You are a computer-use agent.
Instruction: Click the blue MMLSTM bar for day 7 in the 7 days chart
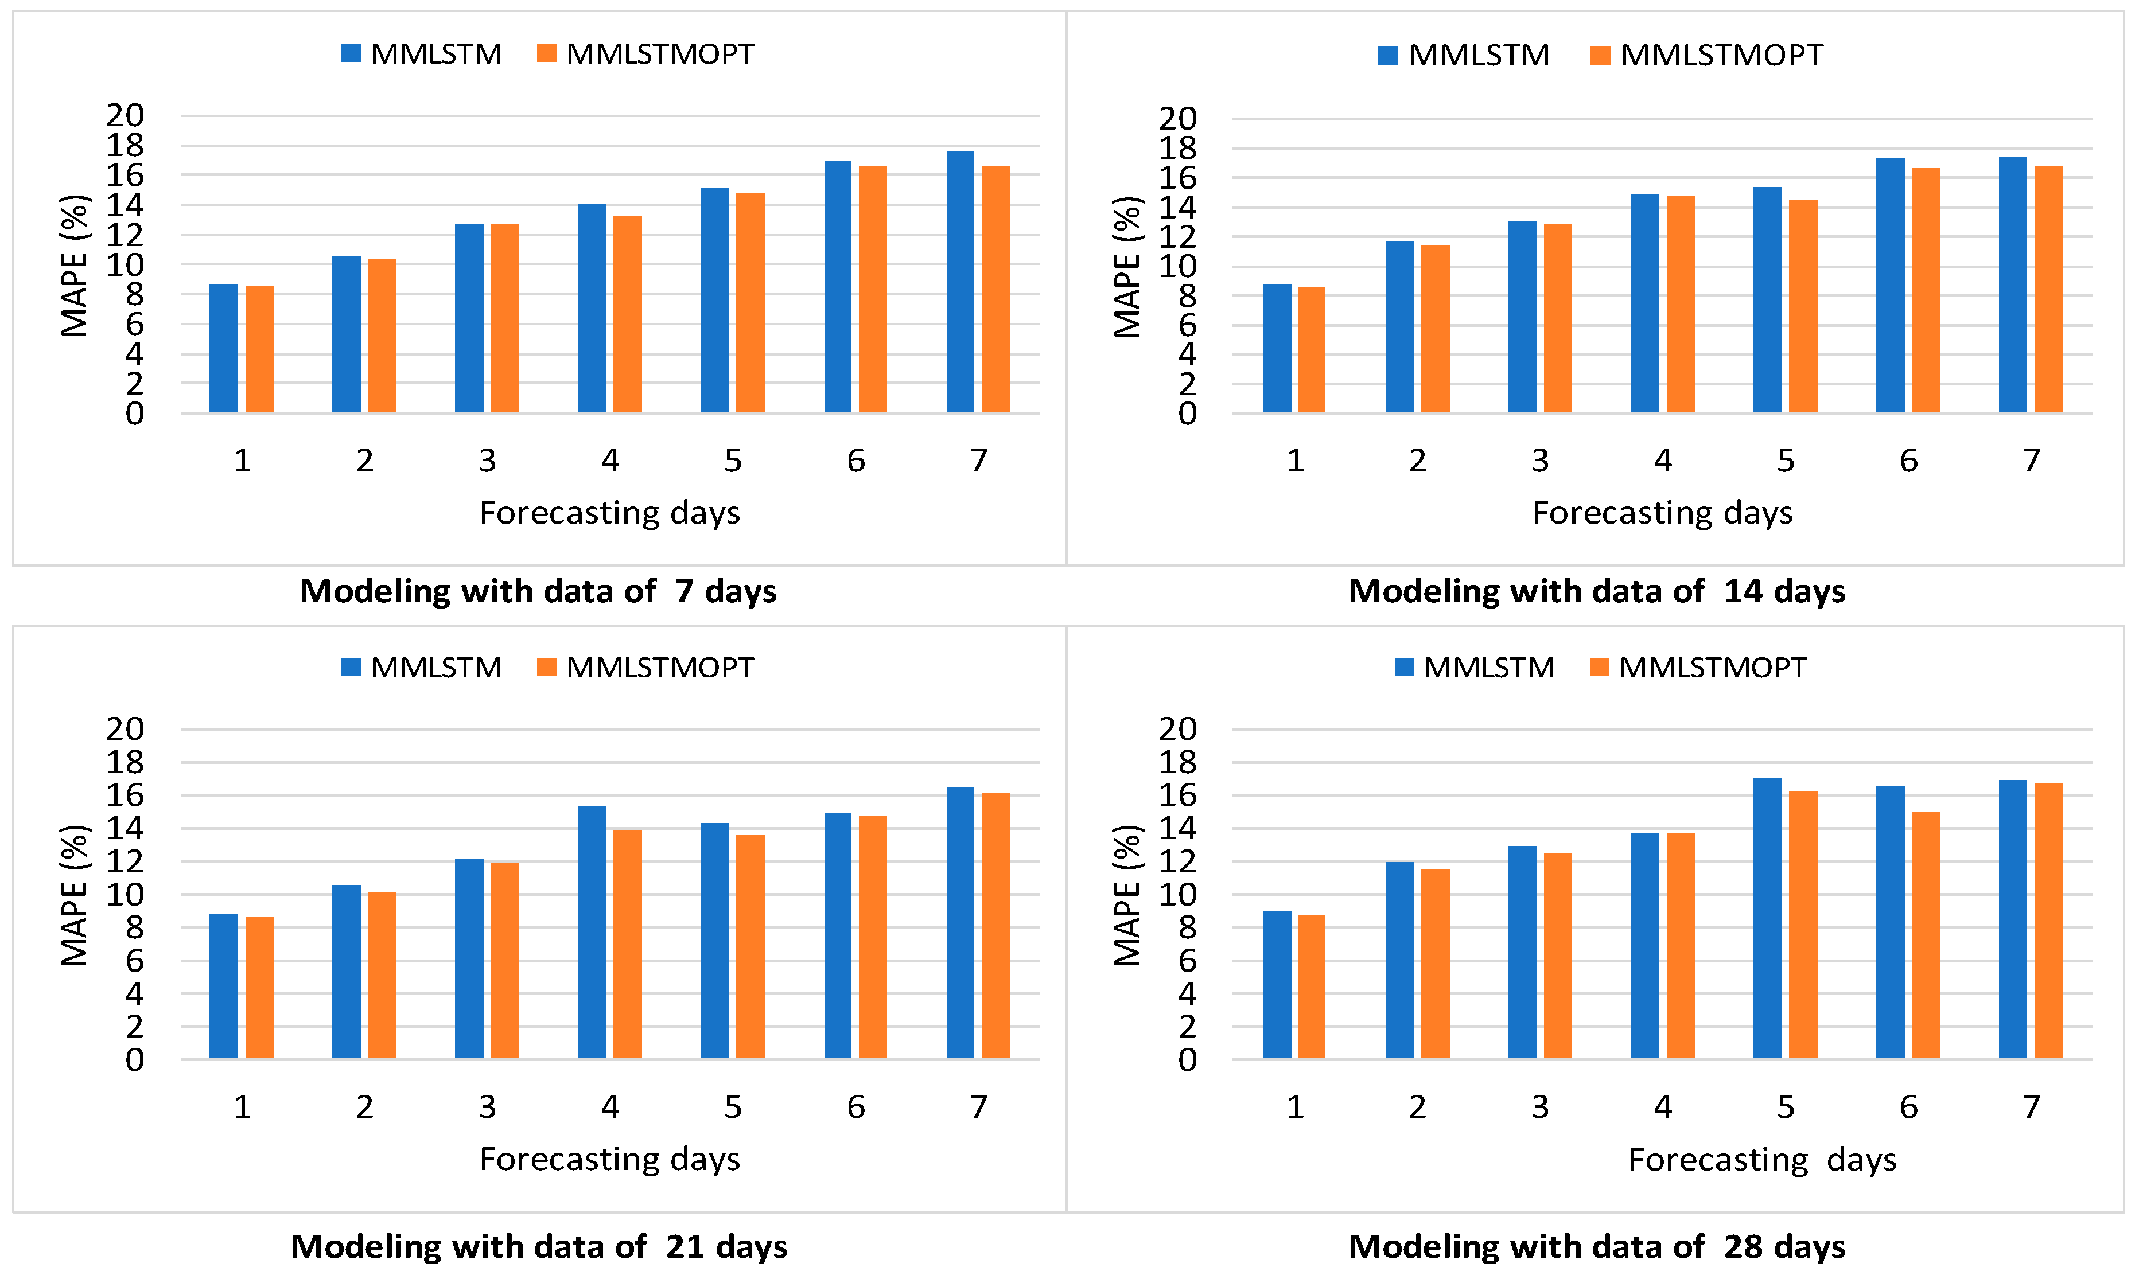(960, 282)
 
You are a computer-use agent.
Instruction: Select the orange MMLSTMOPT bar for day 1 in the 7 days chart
(259, 349)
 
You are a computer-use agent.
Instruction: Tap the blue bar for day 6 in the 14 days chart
(1890, 285)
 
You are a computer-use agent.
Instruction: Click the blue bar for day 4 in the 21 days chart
(592, 933)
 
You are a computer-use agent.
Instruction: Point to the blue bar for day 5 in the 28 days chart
(1767, 919)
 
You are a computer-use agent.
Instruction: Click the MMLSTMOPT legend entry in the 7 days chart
(645, 53)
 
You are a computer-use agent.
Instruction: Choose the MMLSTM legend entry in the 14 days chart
(1463, 55)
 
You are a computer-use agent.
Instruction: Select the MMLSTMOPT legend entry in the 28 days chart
(1698, 667)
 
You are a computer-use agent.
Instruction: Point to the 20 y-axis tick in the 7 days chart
(125, 115)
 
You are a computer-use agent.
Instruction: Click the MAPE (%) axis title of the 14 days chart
(1127, 267)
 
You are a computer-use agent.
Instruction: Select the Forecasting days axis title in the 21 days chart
(609, 1159)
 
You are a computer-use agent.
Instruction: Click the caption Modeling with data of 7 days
(538, 591)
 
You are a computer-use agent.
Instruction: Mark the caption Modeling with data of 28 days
(1597, 1247)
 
